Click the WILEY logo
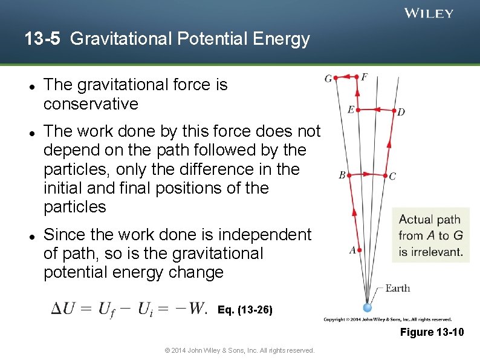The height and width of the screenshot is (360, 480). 429,13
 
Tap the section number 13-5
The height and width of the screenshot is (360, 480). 44,39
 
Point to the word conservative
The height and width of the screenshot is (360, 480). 91,104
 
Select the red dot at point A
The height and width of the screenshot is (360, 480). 359,249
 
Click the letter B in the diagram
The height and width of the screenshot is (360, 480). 342,175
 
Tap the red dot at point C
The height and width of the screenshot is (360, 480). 385,175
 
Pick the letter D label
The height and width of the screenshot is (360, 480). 401,112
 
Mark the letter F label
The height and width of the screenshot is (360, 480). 364,77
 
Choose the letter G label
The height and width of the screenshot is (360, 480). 328,79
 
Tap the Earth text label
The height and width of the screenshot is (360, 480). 397,288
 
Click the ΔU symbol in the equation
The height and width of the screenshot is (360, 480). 63,309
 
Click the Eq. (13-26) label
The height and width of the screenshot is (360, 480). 245,310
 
